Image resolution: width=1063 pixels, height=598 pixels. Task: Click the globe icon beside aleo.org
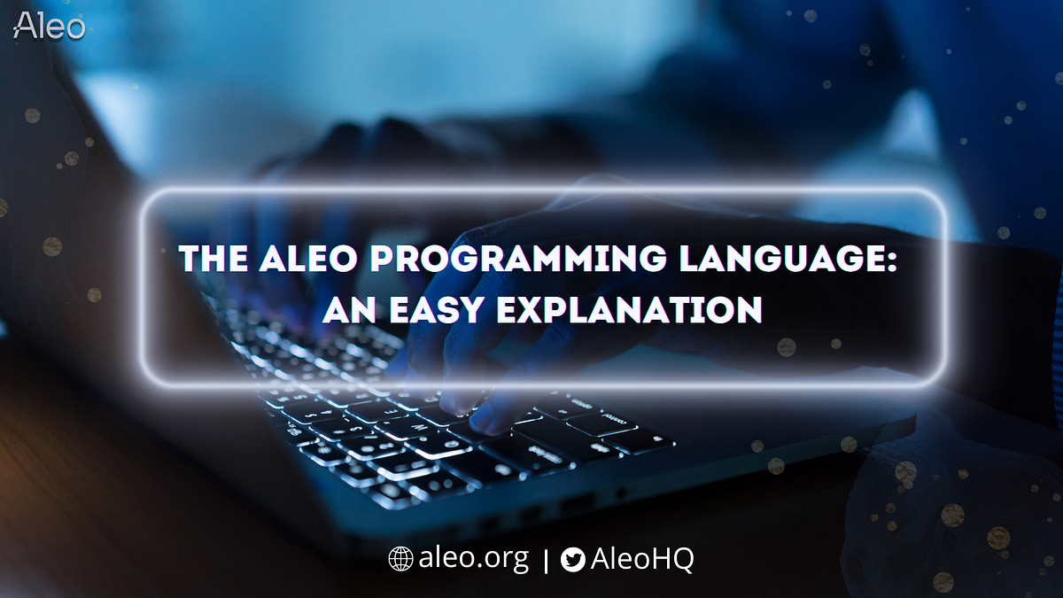tap(400, 559)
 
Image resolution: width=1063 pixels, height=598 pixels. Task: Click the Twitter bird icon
tap(573, 560)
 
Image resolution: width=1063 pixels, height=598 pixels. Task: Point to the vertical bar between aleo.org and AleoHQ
tap(545, 560)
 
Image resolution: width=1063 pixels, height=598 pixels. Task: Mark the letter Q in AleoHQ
tap(683, 560)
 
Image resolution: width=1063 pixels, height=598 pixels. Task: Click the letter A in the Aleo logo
tap(24, 26)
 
